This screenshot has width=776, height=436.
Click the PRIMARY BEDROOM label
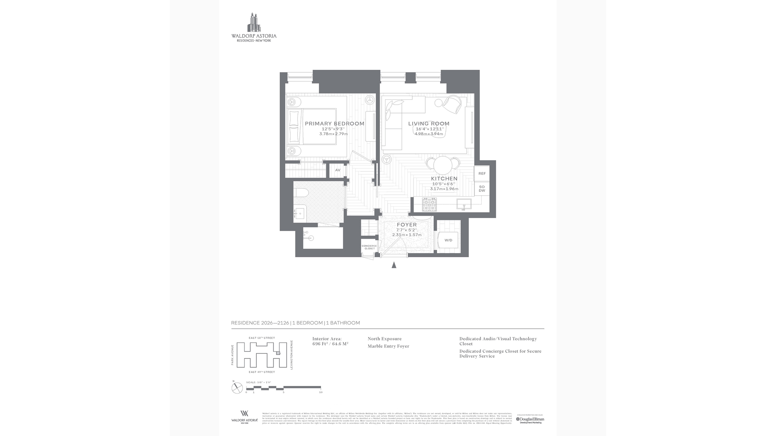click(334, 124)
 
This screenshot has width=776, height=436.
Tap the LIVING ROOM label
click(428, 124)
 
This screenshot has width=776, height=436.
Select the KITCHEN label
click(444, 178)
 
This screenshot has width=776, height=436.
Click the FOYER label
click(407, 225)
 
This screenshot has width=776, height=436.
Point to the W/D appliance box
click(448, 241)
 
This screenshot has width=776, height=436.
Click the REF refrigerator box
click(482, 174)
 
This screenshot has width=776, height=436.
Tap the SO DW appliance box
click(482, 189)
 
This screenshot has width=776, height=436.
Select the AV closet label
click(338, 170)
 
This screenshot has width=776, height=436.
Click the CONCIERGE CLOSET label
click(369, 247)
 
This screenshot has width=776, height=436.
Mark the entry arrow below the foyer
click(394, 265)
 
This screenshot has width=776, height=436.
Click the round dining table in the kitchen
click(443, 164)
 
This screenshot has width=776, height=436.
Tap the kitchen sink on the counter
click(464, 204)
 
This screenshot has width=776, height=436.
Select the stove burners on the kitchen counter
click(429, 204)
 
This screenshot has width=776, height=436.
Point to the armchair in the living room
click(451, 104)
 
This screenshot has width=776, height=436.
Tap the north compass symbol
click(237, 388)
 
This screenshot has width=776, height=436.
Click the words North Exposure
click(384, 339)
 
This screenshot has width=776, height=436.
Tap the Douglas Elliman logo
click(530, 419)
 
